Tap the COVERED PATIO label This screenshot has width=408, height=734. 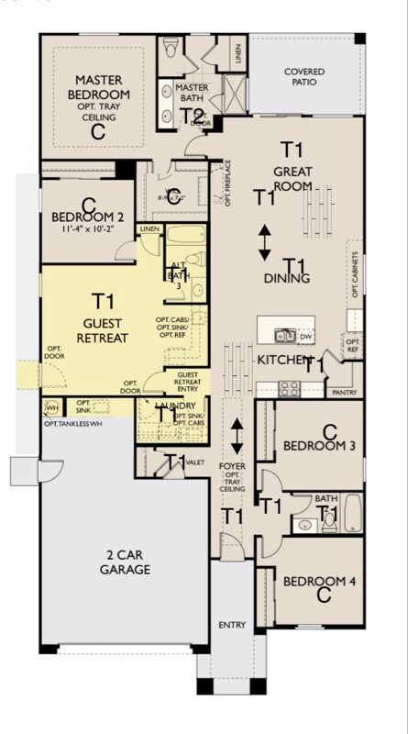click(x=303, y=77)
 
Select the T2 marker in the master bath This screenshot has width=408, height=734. click(x=192, y=116)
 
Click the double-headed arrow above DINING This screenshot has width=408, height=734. click(x=264, y=241)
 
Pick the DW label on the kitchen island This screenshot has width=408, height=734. click(x=305, y=336)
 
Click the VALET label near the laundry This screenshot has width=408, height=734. click(x=193, y=463)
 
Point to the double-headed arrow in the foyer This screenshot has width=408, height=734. click(x=237, y=435)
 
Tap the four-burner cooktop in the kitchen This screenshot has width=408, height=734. click(x=289, y=386)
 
